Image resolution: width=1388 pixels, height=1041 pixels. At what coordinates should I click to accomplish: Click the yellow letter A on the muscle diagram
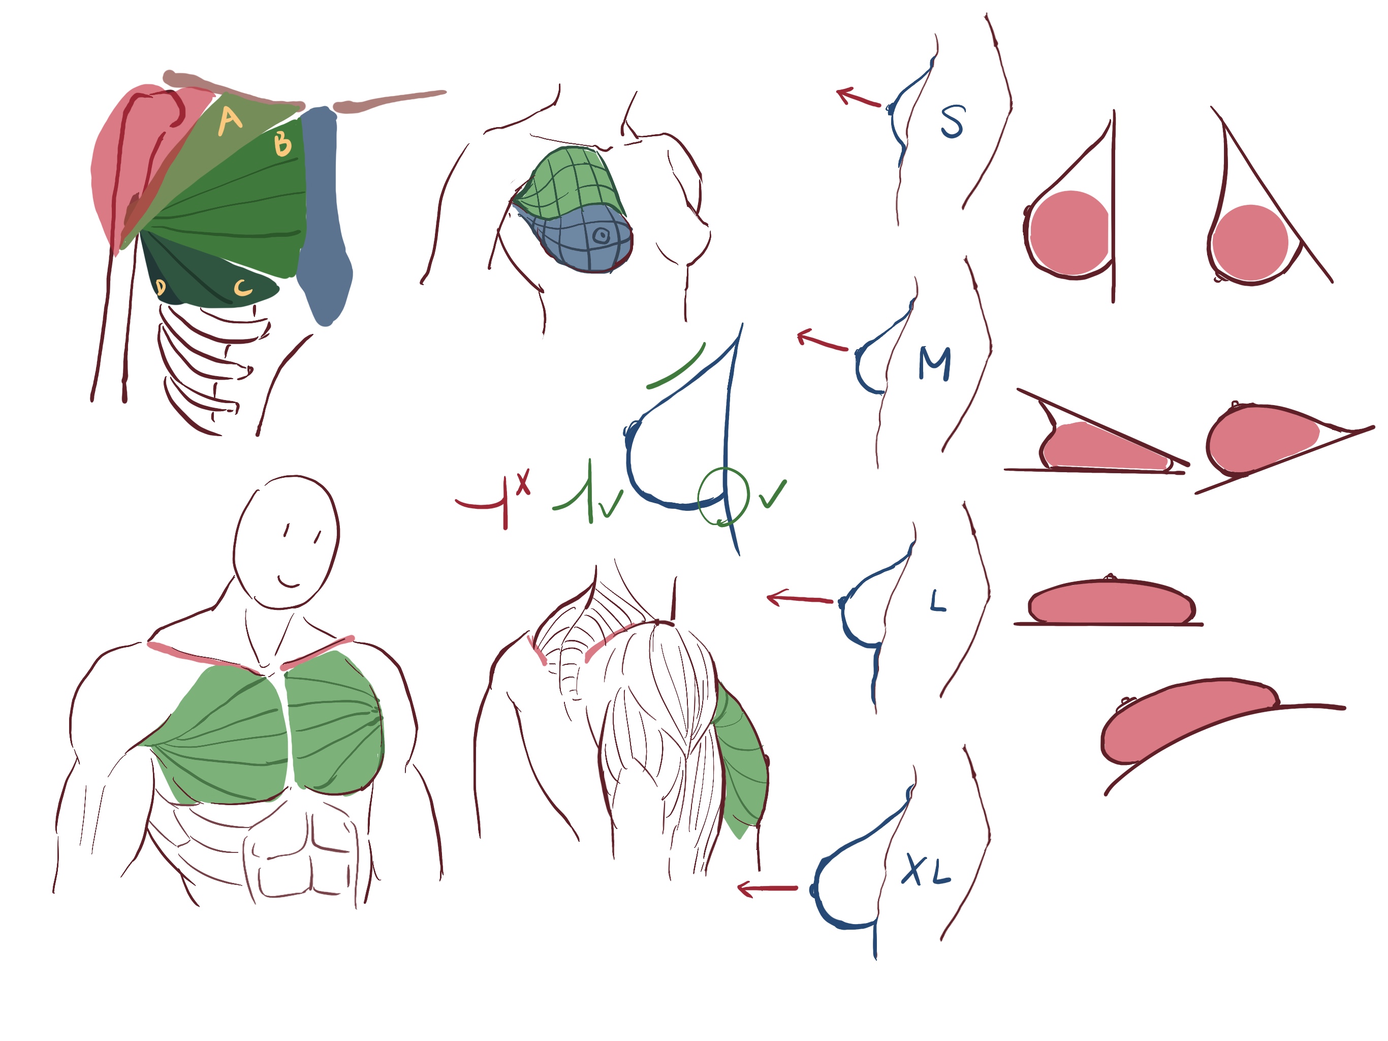230,121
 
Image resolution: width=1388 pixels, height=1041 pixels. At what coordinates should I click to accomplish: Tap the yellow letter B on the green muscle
283,143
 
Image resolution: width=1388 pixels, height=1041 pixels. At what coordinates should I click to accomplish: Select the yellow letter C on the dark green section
243,288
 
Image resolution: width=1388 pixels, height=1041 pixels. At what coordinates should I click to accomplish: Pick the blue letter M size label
934,364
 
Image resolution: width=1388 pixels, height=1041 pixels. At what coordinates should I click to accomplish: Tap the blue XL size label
926,870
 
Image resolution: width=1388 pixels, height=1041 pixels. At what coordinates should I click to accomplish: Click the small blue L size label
937,601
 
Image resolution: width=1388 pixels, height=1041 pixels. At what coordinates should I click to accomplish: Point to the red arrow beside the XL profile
767,889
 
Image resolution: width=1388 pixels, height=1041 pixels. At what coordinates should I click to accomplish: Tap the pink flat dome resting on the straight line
1111,603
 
